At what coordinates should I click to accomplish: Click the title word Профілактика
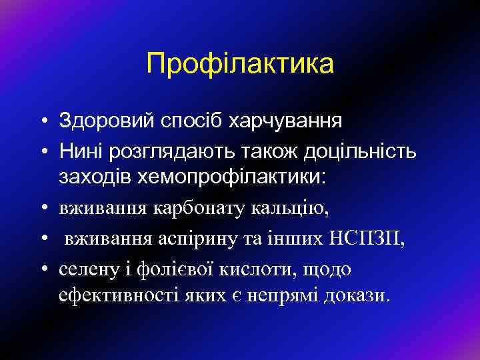pos(240,65)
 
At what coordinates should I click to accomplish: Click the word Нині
pos(79,152)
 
